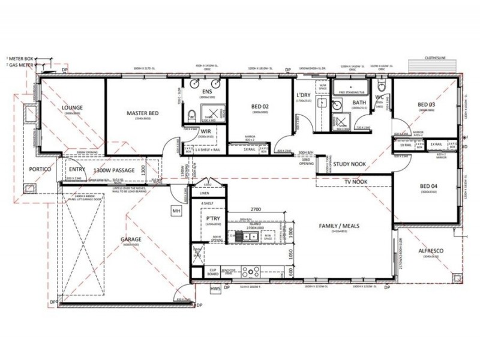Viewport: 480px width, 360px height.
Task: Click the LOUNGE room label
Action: point(71,108)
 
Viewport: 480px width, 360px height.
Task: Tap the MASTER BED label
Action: point(142,113)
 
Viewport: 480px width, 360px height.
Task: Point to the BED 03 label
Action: point(429,105)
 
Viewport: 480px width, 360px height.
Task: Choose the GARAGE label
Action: point(131,239)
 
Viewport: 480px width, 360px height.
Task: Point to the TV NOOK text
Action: point(355,181)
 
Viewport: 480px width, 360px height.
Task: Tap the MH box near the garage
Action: point(176,211)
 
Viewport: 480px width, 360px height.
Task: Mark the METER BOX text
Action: point(22,58)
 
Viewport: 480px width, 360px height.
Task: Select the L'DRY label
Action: point(302,96)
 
